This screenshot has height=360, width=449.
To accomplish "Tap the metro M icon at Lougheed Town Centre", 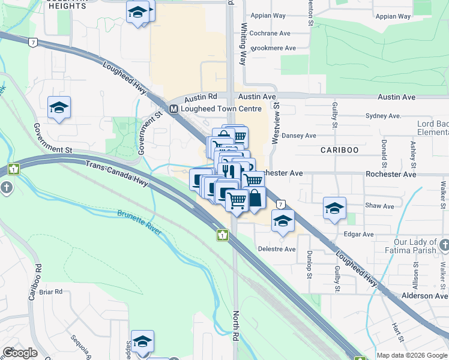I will tap(173, 109).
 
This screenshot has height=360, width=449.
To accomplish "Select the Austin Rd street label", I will tap(200, 97).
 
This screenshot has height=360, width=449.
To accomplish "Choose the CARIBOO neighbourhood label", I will tap(339, 149).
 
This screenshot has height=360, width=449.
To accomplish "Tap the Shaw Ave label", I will tap(379, 206).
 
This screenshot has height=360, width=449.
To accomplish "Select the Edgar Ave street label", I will tap(359, 235).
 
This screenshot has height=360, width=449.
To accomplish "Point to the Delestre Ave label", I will tap(277, 249).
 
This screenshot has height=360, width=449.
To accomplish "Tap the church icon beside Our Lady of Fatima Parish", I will tap(444, 245).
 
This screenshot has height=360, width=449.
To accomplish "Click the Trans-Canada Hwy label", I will tap(116, 174).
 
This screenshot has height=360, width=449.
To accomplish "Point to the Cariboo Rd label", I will tap(33, 282).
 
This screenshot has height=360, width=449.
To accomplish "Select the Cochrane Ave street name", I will tap(271, 35).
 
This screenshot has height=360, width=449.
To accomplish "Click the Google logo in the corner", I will tap(20, 353).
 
